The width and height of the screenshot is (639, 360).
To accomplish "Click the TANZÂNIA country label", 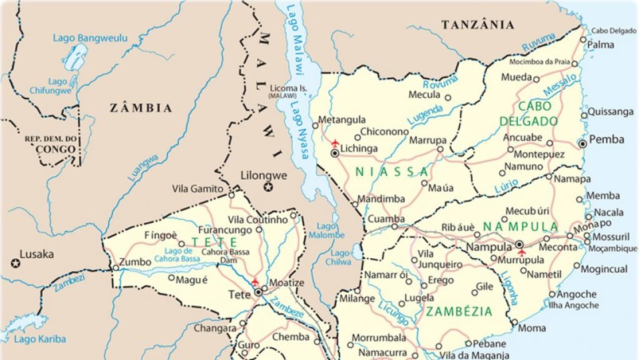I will [x=478, y=25].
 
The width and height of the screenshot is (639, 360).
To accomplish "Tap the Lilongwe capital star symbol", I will [x=268, y=188].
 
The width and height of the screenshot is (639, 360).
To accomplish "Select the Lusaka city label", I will [x=37, y=254].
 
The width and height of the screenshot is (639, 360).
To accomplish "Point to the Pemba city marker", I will [x=582, y=143].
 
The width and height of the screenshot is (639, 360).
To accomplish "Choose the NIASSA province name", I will [x=392, y=172].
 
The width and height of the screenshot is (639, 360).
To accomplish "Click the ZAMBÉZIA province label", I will [x=459, y=311].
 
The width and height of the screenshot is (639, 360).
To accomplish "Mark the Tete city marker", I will [x=258, y=291].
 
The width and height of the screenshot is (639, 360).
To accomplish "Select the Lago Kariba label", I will [x=40, y=339].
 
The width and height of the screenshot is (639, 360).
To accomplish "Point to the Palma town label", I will [x=600, y=45].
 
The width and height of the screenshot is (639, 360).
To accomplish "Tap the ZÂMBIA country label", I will [x=140, y=108].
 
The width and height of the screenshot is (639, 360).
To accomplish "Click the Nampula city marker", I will [x=519, y=244].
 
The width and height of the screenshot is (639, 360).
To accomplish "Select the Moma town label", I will [x=532, y=328].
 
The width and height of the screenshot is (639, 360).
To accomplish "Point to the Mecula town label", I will [x=424, y=94].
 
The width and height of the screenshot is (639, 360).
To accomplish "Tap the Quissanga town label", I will [x=610, y=111].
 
